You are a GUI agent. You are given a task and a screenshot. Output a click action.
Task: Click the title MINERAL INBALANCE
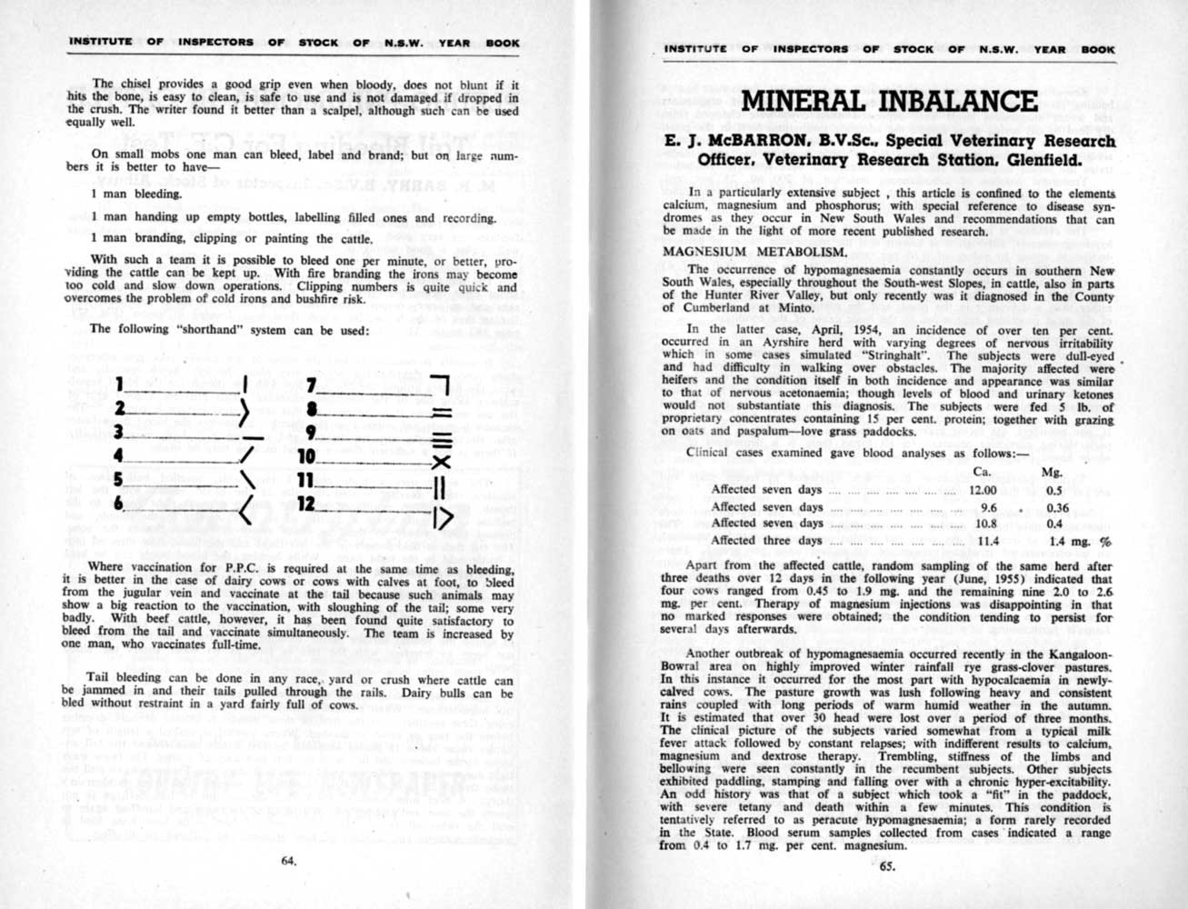[x=889, y=101]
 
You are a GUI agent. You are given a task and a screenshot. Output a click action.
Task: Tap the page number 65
[x=887, y=865]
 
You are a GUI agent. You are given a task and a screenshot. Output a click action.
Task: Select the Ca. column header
[x=982, y=472]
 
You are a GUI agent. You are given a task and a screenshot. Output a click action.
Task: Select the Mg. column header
[x=1051, y=472]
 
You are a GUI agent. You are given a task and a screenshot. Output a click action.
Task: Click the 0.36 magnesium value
[x=1057, y=507]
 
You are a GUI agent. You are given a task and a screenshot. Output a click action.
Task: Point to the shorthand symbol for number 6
[x=244, y=513]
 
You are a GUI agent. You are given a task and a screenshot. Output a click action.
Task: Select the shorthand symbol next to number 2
[x=244, y=413]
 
